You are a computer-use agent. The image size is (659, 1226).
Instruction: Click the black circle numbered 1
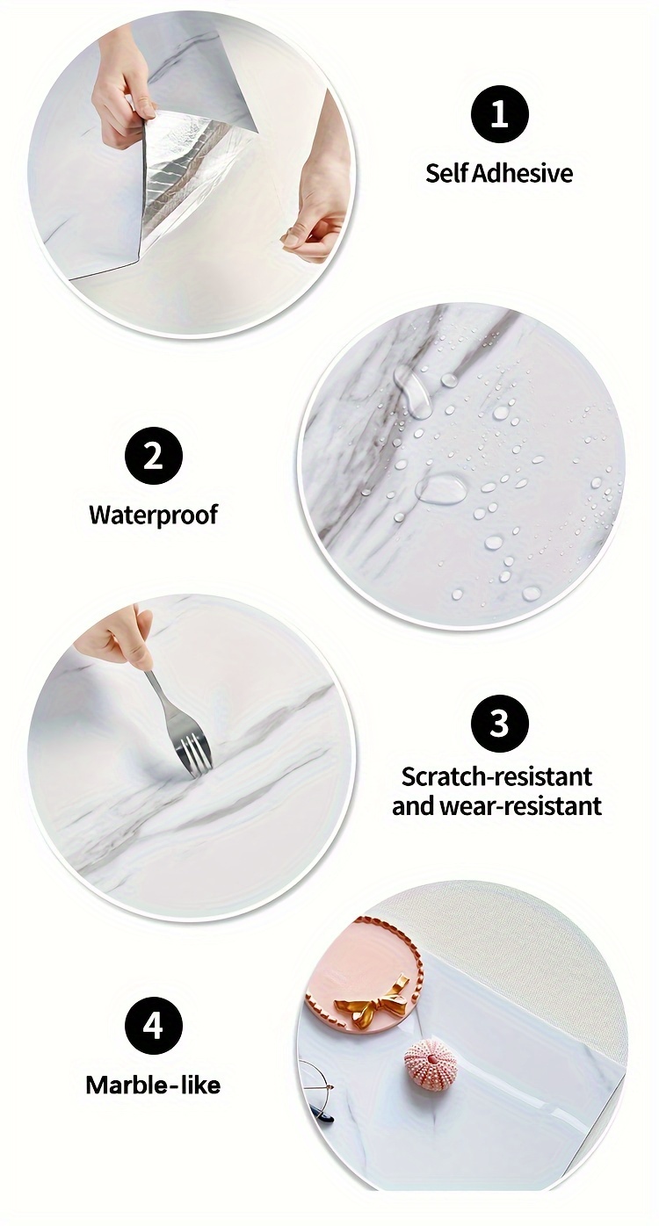[500, 116]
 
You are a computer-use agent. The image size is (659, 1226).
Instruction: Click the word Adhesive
[522, 173]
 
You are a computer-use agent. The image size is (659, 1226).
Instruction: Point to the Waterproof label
[154, 515]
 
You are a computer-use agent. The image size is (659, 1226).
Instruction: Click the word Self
[447, 173]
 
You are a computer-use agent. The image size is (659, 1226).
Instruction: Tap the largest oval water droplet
[441, 487]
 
